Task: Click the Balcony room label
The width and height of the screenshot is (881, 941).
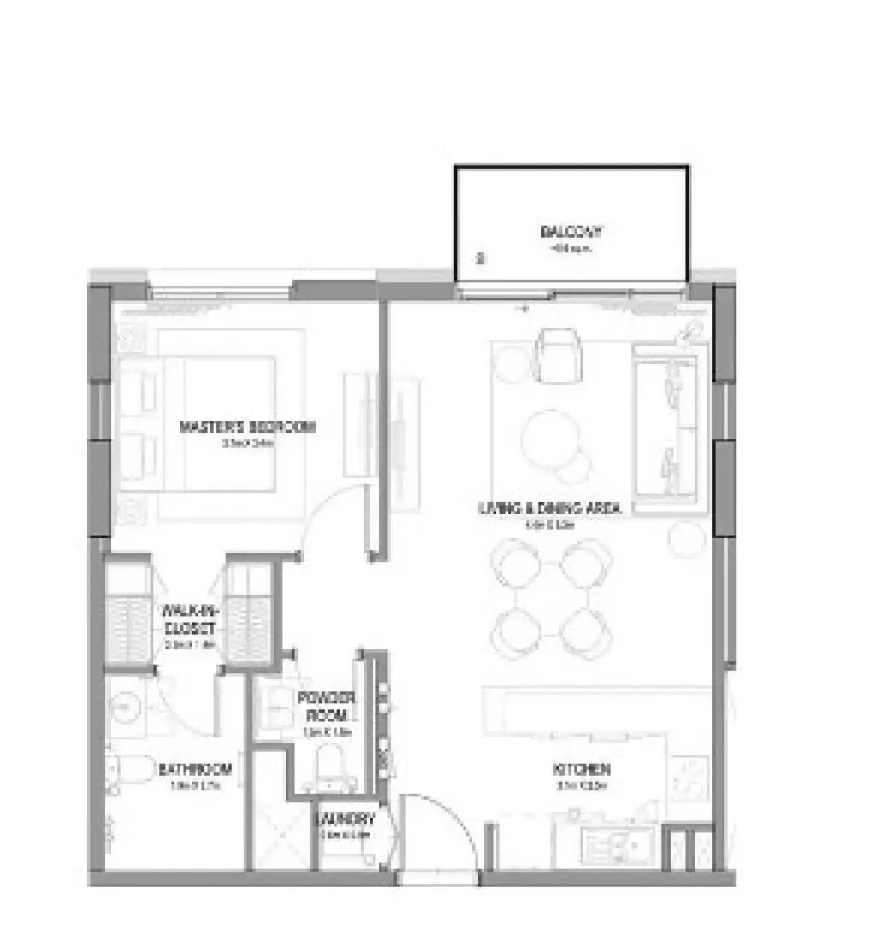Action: (x=571, y=232)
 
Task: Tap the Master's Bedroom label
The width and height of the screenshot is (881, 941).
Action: (x=247, y=426)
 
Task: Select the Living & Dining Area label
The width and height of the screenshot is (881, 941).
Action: (x=549, y=508)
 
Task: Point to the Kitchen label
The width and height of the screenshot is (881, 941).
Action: (x=582, y=768)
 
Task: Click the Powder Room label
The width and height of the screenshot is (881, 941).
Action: (x=326, y=706)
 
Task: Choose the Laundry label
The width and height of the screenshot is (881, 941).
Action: (x=346, y=818)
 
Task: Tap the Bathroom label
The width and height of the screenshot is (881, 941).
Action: (x=195, y=769)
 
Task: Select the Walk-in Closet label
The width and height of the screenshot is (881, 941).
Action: (x=191, y=618)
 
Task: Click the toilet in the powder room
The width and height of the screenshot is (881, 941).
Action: (x=330, y=763)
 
